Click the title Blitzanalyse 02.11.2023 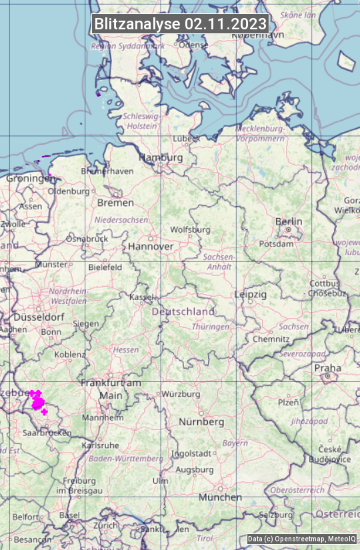click(x=180, y=24)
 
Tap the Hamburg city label click(x=160, y=157)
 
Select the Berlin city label click(x=289, y=221)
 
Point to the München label click(x=220, y=497)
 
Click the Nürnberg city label click(x=201, y=422)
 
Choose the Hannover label click(x=151, y=246)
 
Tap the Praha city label click(x=327, y=368)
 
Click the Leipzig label click(x=250, y=294)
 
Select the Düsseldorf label click(x=38, y=317)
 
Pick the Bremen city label click(x=115, y=202)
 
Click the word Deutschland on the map click(x=183, y=311)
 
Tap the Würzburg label click(x=181, y=394)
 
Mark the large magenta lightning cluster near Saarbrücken click(x=37, y=401)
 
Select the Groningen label click(x=28, y=179)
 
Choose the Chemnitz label click(x=271, y=339)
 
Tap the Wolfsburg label click(x=190, y=229)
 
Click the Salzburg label click(x=276, y=515)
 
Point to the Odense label click(x=193, y=45)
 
